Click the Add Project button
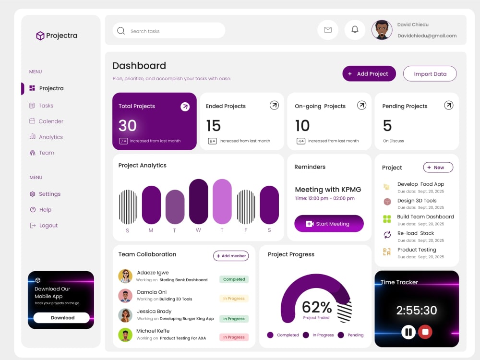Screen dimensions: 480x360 [x=369, y=74]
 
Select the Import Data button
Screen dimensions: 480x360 [x=430, y=74]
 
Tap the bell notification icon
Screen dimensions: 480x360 [x=355, y=30]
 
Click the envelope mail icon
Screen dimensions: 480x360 [x=328, y=30]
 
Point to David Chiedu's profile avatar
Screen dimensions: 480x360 [x=382, y=30]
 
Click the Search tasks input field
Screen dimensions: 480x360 [x=169, y=31]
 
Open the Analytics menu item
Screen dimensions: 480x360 [x=46, y=137]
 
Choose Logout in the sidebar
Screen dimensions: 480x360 [x=44, y=226]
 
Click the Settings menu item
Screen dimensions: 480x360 [x=45, y=194]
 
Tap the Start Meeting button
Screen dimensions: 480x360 [x=329, y=224]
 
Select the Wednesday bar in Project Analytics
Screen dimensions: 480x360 [x=198, y=202]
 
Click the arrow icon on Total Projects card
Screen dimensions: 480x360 [x=185, y=107]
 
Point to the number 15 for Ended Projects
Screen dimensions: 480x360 [x=214, y=125]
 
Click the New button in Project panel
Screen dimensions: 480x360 [x=438, y=168]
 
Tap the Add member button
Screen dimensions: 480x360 [x=231, y=256]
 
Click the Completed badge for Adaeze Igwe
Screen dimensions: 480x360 [x=234, y=279]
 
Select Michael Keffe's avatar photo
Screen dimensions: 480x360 [x=125, y=335]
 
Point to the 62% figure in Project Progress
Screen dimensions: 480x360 [x=316, y=307]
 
